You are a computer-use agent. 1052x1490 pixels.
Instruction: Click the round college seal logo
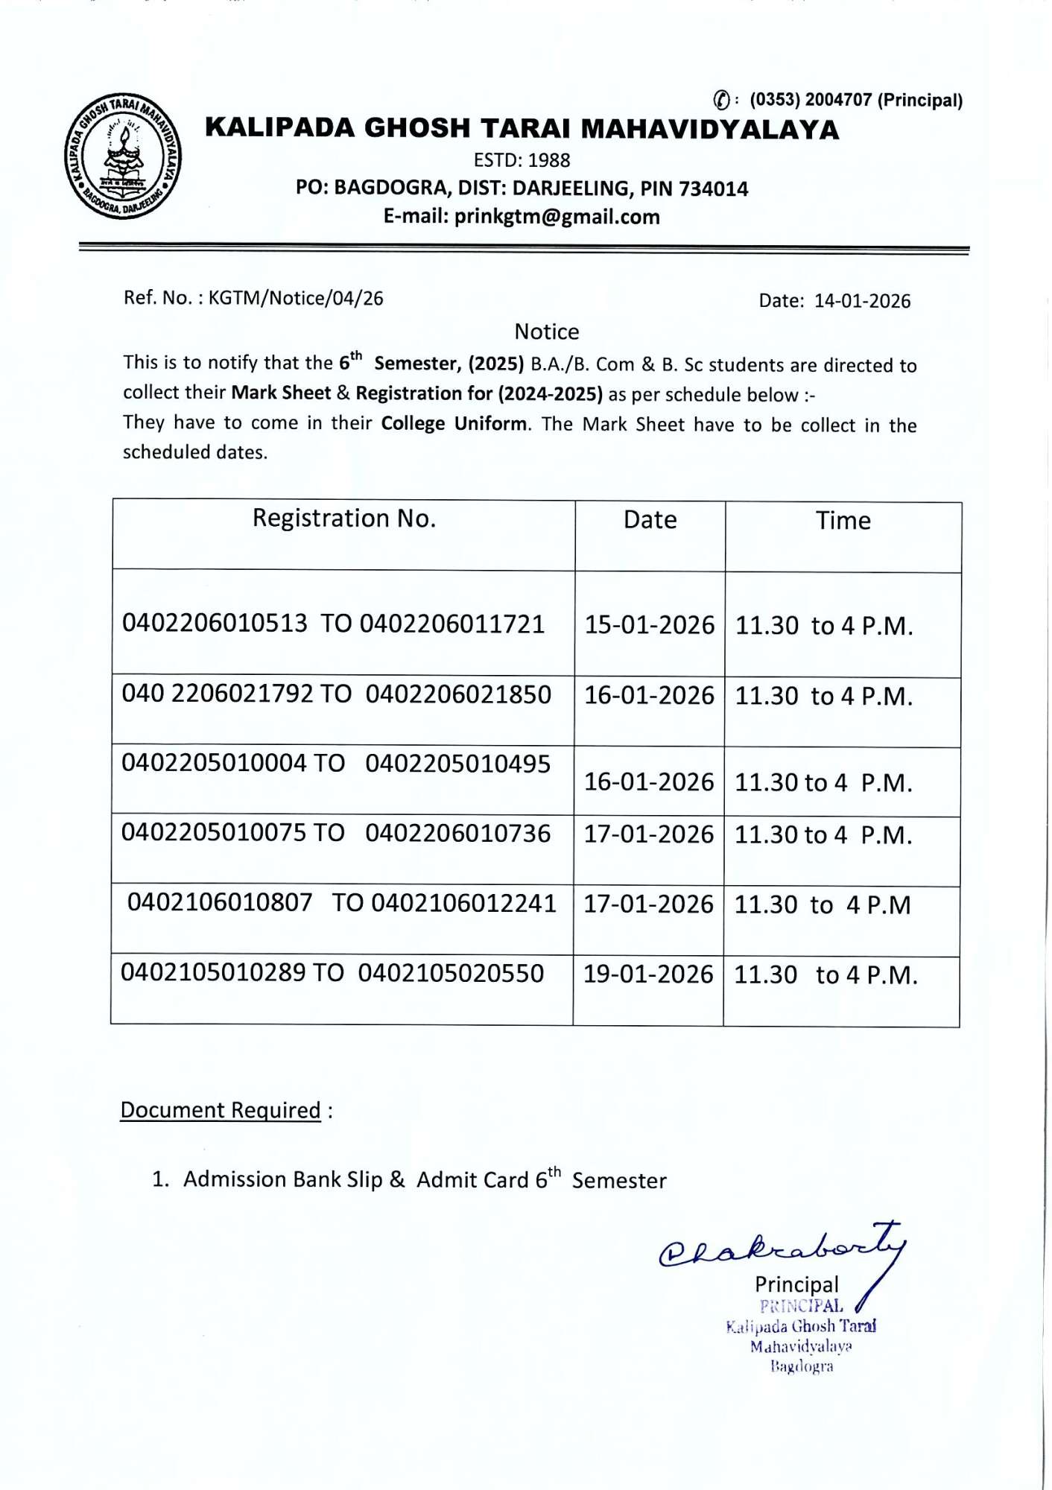(x=123, y=157)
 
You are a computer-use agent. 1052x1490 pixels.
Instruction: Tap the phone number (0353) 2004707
(x=810, y=100)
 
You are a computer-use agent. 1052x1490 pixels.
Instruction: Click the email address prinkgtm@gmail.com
(x=557, y=217)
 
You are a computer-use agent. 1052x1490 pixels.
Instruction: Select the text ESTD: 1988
(x=522, y=160)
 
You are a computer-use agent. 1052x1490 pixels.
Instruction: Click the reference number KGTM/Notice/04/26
(x=296, y=298)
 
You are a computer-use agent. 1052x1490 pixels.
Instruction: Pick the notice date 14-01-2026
(x=862, y=301)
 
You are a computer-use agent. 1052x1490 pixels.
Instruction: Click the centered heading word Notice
(x=546, y=332)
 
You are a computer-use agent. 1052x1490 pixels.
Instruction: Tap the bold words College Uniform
(x=453, y=423)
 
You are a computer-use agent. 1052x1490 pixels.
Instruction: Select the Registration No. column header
(x=343, y=519)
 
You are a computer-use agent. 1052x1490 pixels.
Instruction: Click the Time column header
(x=843, y=521)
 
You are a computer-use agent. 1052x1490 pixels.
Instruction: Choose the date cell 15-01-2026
(x=649, y=625)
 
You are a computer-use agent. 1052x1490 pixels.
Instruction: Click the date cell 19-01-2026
(x=647, y=974)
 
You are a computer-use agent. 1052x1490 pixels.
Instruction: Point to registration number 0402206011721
(x=452, y=624)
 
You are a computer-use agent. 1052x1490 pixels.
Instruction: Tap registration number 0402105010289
(x=213, y=973)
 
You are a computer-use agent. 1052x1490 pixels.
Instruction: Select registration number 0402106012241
(x=463, y=903)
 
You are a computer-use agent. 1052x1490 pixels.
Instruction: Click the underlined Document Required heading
(x=221, y=1110)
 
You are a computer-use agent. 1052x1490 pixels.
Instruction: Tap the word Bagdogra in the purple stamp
(x=802, y=1366)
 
